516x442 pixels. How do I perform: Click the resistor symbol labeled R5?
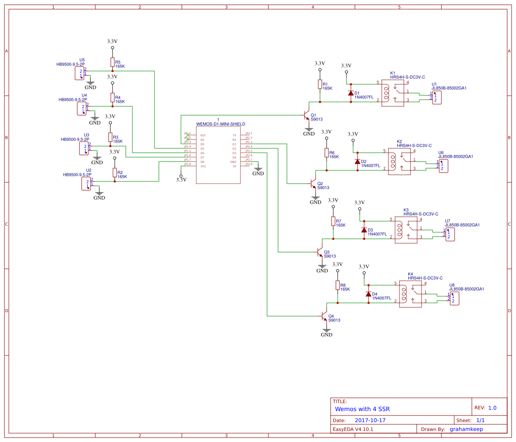pyautogui.click(x=113, y=62)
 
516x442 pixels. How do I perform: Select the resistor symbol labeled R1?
pyautogui.click(x=320, y=84)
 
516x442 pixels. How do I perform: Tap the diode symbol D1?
pyautogui.click(x=351, y=93)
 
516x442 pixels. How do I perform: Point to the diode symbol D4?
pyautogui.click(x=369, y=294)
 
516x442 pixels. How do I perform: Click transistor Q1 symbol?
pyautogui.click(x=306, y=115)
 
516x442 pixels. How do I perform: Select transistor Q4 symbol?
pyautogui.click(x=324, y=316)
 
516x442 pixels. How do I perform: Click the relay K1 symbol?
pyautogui.click(x=392, y=93)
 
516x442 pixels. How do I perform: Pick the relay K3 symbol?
pyautogui.click(x=406, y=230)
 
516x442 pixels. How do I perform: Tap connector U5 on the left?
pyautogui.click(x=79, y=73)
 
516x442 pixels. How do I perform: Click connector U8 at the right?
pyautogui.click(x=454, y=298)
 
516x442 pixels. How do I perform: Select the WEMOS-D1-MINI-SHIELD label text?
pyautogui.click(x=220, y=124)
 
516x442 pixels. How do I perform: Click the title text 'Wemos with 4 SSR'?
pyautogui.click(x=362, y=409)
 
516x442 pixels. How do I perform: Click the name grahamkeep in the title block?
pyautogui.click(x=466, y=429)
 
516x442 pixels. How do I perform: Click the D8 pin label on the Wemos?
pyautogui.click(x=202, y=162)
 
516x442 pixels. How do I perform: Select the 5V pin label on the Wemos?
pyautogui.click(x=234, y=166)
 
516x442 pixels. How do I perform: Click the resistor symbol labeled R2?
pyautogui.click(x=115, y=173)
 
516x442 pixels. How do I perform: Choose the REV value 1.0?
pyautogui.click(x=492, y=408)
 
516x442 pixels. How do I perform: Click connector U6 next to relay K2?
pyautogui.click(x=443, y=166)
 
